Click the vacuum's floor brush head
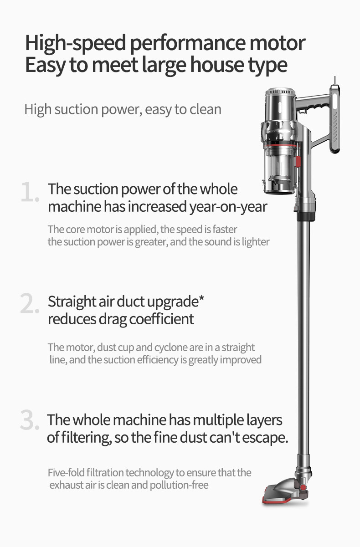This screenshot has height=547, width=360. [x=285, y=494]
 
